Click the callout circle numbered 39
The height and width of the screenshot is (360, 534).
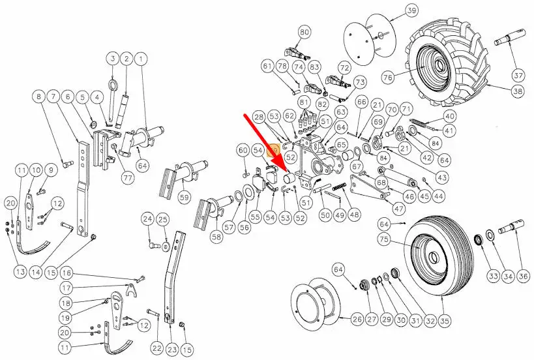tap(411, 10)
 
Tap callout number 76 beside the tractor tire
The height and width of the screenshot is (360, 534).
tap(388, 77)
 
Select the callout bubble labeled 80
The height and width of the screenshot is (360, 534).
tap(304, 32)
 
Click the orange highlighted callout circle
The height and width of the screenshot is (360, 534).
tap(274, 150)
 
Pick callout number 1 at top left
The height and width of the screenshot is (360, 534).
tap(141, 59)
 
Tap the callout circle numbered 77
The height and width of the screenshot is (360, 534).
tap(128, 178)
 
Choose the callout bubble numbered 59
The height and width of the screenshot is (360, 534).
tap(185, 197)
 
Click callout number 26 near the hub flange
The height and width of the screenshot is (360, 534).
tap(357, 319)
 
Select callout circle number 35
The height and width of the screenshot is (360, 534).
tap(445, 320)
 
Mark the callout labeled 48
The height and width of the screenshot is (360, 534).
tap(355, 214)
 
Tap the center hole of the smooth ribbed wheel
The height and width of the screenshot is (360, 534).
tap(433, 256)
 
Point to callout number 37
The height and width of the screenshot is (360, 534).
tap(518, 75)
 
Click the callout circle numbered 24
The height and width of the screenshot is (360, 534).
tap(148, 219)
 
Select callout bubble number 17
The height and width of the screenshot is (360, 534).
tap(67, 288)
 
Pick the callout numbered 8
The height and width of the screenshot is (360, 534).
tap(39, 97)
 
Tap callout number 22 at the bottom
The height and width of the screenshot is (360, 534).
tap(157, 348)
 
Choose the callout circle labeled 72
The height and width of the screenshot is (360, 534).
tap(345, 68)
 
